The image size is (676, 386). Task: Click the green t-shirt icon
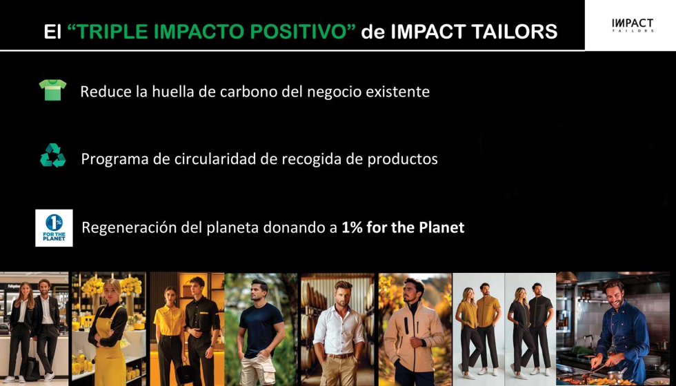(52, 90)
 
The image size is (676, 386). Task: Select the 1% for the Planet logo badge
(54, 227)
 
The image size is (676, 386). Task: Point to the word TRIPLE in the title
(111, 32)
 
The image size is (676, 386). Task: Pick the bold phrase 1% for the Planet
(402, 227)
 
